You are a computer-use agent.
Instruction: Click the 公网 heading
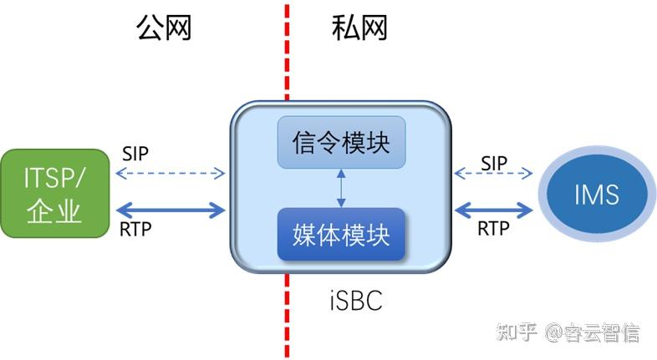(164, 28)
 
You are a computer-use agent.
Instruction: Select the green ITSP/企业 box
(54, 193)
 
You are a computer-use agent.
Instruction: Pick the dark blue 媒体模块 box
(341, 235)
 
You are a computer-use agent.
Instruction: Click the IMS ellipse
(597, 195)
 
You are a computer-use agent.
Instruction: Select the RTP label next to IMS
(494, 227)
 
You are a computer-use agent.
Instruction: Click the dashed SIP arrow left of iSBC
(171, 175)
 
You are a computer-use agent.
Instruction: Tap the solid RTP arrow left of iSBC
(171, 210)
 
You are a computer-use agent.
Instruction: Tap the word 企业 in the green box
(54, 211)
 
